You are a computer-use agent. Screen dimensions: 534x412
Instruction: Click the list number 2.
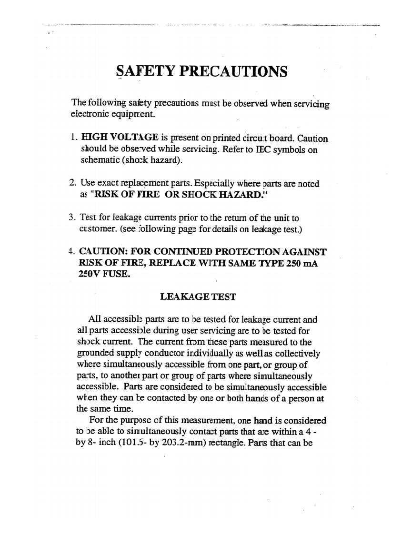coord(72,184)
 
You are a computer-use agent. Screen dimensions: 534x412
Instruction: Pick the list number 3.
coord(72,218)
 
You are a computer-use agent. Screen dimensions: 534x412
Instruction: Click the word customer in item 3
coord(95,229)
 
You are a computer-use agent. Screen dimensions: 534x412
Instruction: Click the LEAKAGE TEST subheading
coord(198,297)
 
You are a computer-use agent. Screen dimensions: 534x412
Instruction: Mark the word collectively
coord(296,354)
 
